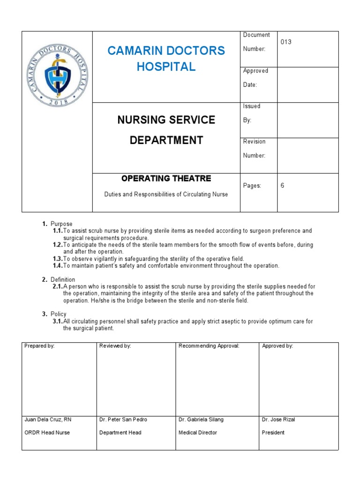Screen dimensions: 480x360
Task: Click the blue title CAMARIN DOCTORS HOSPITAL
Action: (x=166, y=59)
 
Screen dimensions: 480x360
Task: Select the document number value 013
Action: (x=286, y=42)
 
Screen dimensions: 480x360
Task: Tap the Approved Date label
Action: (x=255, y=78)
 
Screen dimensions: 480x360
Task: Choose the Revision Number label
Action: (x=254, y=149)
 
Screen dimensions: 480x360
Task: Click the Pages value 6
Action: (x=283, y=186)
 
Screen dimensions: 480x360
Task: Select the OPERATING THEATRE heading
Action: (x=166, y=179)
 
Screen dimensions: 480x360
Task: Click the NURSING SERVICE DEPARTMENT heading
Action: (x=166, y=130)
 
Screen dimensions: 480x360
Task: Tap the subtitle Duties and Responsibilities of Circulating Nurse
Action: (x=166, y=194)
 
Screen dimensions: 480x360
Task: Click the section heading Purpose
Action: (x=61, y=224)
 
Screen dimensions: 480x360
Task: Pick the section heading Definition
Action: (x=63, y=280)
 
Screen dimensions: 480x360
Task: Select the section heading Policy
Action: (x=59, y=314)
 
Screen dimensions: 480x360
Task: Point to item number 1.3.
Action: (x=58, y=259)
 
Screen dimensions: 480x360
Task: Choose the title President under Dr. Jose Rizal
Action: (x=273, y=433)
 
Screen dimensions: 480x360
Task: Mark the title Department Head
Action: (x=120, y=433)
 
